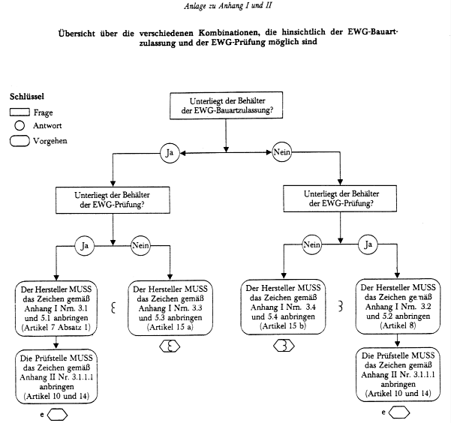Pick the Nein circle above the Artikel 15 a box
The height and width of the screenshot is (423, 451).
click(142, 244)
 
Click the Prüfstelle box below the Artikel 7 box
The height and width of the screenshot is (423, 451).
click(56, 373)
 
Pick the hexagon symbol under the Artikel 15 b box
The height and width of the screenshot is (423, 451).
click(284, 346)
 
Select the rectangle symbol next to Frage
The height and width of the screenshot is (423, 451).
click(20, 112)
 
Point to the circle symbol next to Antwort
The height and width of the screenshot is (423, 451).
click(20, 125)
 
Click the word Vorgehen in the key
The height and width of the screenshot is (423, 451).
click(51, 140)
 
